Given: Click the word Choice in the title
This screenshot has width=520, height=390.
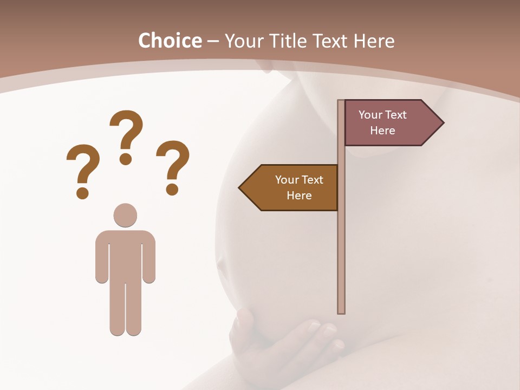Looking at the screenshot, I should click(170, 41).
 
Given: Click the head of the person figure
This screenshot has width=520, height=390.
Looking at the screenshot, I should click(125, 215).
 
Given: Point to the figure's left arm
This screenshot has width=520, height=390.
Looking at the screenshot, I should click(102, 257).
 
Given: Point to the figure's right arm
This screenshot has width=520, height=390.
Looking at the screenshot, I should click(148, 257).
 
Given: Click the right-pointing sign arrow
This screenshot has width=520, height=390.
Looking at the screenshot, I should click(390, 123).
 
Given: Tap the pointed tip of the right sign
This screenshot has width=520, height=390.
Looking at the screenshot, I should click(441, 123).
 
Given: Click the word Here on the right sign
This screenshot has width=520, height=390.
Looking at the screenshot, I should click(382, 131).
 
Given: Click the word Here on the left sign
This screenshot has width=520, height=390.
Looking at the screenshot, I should click(299, 196).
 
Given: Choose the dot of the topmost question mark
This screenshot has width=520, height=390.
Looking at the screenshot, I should click(126, 159).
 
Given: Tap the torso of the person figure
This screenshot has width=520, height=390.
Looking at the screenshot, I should click(125, 255).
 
